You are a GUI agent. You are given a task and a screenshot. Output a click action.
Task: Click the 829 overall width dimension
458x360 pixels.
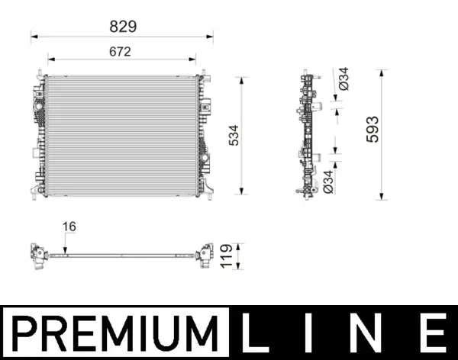pyautogui.click(x=122, y=26)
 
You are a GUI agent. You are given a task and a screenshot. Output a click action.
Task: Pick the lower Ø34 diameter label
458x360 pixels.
pyautogui.click(x=327, y=179)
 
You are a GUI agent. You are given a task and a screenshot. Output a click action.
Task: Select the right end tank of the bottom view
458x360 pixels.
pyautogui.click(x=205, y=255)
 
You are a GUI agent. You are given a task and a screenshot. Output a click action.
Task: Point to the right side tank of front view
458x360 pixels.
pyautogui.click(x=204, y=134)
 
